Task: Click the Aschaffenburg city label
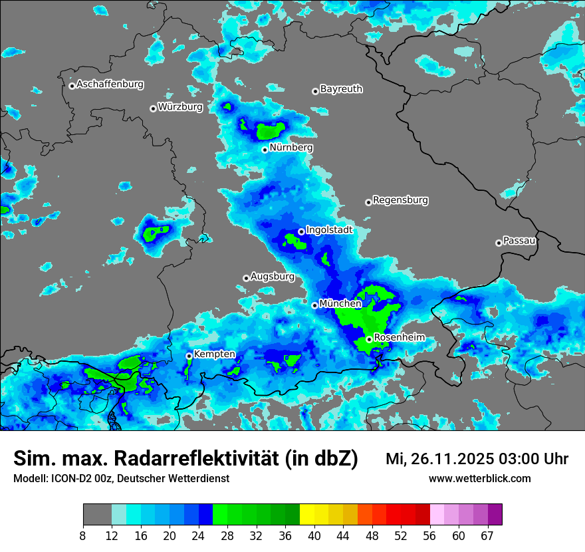(x=110, y=84)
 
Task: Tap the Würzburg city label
(x=180, y=107)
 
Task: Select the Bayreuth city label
(x=341, y=89)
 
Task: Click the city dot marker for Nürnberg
(x=265, y=150)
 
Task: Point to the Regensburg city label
(x=400, y=200)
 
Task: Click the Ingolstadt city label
(x=329, y=230)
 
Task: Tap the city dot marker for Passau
(x=499, y=243)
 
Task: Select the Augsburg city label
(x=273, y=277)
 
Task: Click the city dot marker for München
(x=314, y=305)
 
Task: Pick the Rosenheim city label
(x=399, y=338)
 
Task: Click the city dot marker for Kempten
(x=189, y=356)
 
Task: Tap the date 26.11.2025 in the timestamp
(x=447, y=459)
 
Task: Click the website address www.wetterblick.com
(x=479, y=479)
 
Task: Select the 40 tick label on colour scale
(x=314, y=536)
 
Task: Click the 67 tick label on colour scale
(x=487, y=536)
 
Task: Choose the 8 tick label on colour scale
(x=83, y=536)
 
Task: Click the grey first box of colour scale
(x=97, y=515)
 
